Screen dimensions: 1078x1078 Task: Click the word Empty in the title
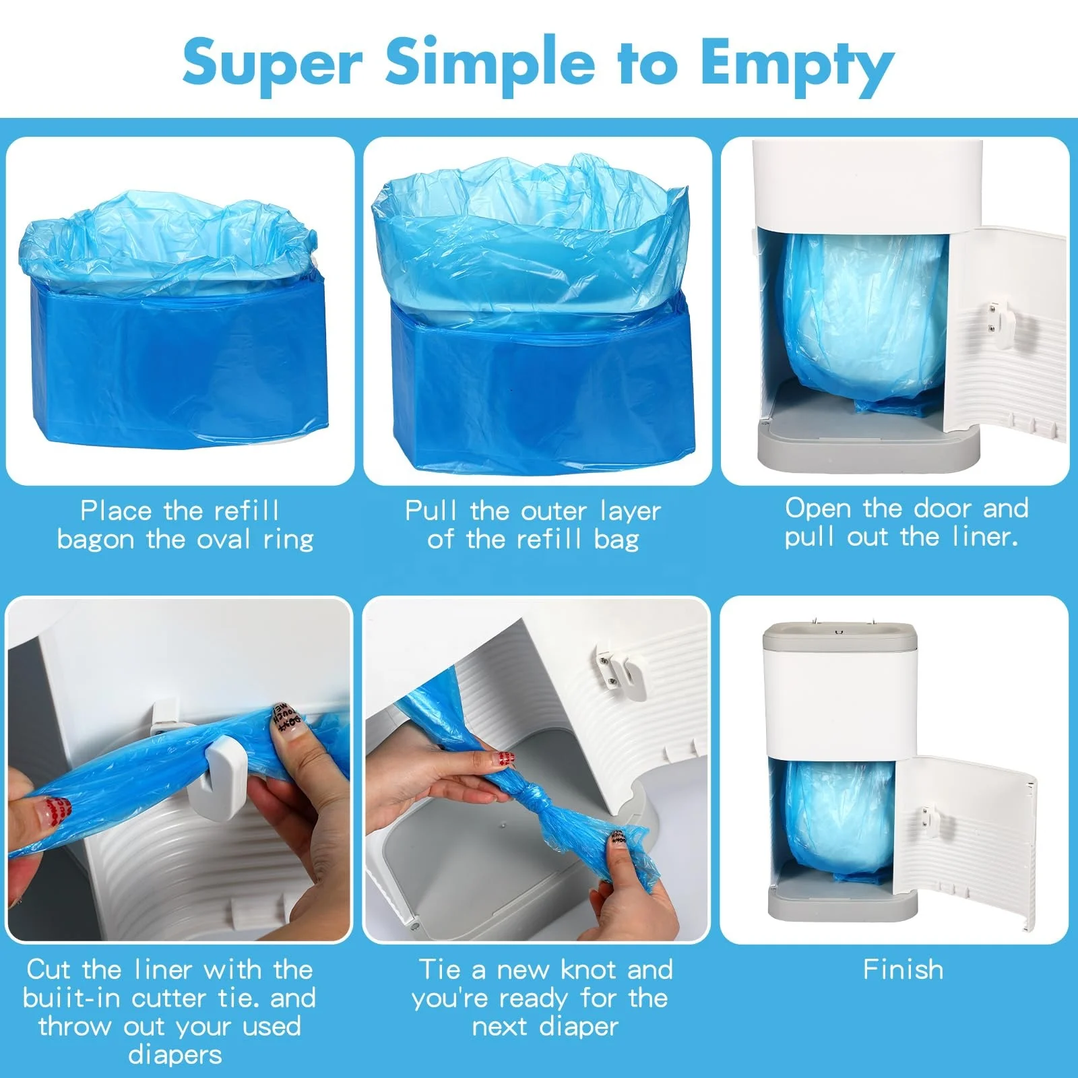coord(796,65)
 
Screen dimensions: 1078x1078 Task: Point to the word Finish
coord(903,970)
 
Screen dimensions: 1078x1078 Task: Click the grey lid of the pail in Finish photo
coord(839,637)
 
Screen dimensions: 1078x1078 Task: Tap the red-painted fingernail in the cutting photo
coord(57,808)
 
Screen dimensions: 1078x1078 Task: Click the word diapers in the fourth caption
coord(175,1054)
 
